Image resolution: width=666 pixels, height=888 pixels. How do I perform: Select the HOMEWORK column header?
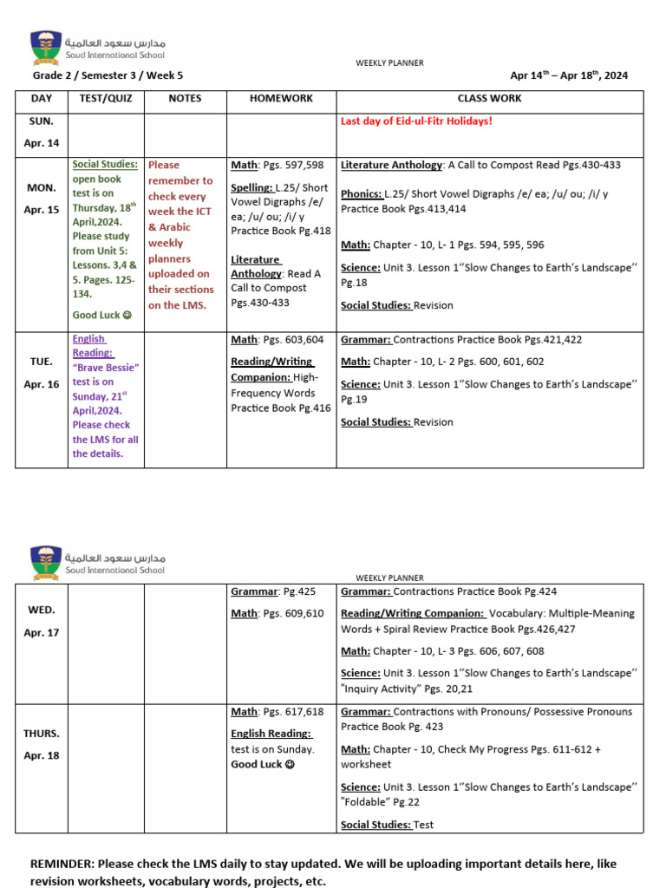[x=281, y=99]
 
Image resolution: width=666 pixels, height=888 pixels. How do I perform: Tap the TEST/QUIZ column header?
[x=106, y=99]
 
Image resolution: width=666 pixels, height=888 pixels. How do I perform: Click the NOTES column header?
[x=185, y=99]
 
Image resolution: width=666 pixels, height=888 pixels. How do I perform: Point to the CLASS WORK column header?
[x=490, y=99]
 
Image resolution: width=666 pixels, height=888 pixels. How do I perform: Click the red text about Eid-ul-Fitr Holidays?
[x=416, y=121]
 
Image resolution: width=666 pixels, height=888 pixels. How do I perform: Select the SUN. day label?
[x=41, y=121]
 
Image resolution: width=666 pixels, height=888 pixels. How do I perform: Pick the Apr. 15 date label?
[x=42, y=209]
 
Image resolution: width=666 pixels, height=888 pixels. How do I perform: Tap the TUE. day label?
[x=41, y=361]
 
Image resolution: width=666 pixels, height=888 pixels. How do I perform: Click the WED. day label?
[x=41, y=610]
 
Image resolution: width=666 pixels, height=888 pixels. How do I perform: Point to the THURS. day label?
[x=42, y=733]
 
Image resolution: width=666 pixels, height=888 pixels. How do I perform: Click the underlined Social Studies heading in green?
[x=105, y=165]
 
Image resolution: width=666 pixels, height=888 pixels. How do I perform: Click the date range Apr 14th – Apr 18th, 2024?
[x=569, y=75]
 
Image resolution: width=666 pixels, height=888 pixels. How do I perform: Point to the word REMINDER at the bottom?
[x=62, y=865]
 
